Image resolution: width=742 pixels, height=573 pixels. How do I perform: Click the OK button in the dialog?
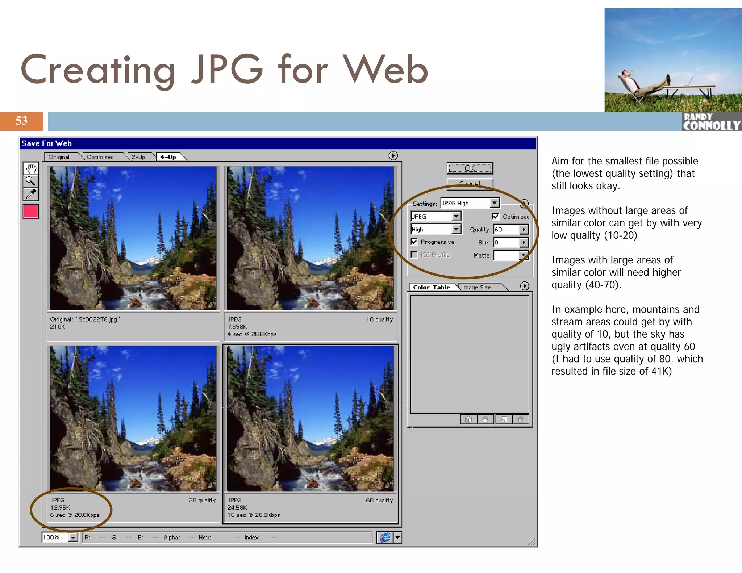[x=470, y=168]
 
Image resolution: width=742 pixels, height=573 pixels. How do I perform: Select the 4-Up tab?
[x=168, y=157]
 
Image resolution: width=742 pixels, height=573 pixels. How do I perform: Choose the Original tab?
[x=59, y=157]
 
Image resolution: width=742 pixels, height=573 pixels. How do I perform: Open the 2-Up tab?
[x=138, y=157]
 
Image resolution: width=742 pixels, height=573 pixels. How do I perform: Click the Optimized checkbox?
[x=495, y=216]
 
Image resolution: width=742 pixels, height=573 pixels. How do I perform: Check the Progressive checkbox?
[x=414, y=242]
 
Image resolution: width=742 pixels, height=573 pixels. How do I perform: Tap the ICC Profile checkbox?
[x=414, y=255]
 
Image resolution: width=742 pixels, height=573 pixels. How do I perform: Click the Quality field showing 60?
[x=506, y=229]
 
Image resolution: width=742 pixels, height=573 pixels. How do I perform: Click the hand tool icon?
[x=31, y=168]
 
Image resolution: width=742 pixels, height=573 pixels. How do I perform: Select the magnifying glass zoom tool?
[x=31, y=181]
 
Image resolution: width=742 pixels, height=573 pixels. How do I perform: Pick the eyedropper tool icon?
[x=31, y=194]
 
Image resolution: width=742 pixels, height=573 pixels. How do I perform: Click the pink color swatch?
[x=31, y=211]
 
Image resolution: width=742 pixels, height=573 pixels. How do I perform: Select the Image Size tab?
[x=476, y=287]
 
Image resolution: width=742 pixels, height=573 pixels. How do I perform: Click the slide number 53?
[x=21, y=121]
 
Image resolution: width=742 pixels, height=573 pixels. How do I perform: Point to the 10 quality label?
[x=379, y=319]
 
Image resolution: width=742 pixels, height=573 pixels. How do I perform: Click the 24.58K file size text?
[x=237, y=507]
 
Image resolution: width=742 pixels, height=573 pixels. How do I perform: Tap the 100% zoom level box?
[x=55, y=537]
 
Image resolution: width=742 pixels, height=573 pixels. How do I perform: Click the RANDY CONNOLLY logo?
[x=711, y=122]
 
